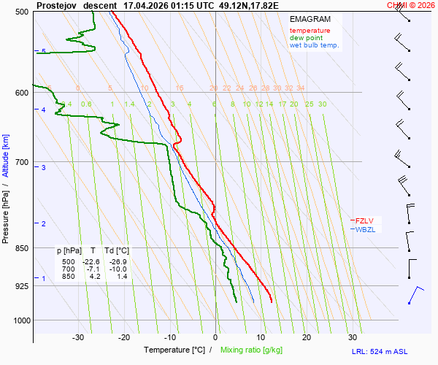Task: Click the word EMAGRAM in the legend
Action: (x=310, y=19)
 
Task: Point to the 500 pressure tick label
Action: (x=22, y=12)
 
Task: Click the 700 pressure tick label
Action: (x=22, y=161)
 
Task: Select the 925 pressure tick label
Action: (x=22, y=285)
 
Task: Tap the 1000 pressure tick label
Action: (x=20, y=320)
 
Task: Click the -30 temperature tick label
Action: (x=78, y=337)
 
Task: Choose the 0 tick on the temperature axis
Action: (x=215, y=337)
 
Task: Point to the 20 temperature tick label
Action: (x=307, y=337)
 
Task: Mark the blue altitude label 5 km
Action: (x=44, y=51)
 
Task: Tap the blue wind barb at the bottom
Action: (x=415, y=295)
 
